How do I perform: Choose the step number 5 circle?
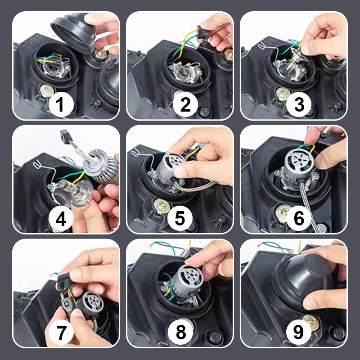[x=180, y=218]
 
